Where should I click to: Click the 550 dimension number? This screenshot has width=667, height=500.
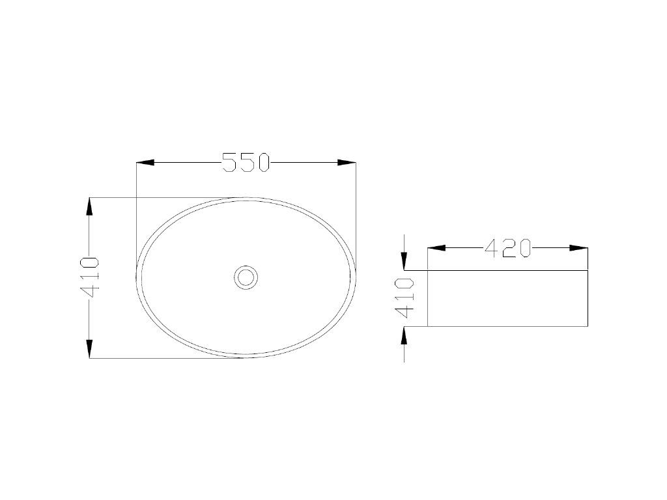pos(246,162)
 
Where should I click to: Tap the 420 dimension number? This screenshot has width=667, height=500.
pos(508,248)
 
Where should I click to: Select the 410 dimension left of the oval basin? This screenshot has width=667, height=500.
pos(90,277)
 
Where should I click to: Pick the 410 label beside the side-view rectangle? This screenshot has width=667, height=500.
pos(404,298)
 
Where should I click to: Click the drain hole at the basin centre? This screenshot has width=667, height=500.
pos(246,277)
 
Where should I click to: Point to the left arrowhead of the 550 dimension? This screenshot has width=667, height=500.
pos(145,162)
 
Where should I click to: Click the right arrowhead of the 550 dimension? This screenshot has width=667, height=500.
pos(347,162)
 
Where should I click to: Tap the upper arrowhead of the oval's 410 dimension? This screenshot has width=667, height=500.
pos(90,206)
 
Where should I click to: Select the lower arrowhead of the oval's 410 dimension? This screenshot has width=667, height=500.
pos(90,349)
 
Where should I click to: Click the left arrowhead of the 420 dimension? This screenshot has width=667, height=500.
pos(436,248)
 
